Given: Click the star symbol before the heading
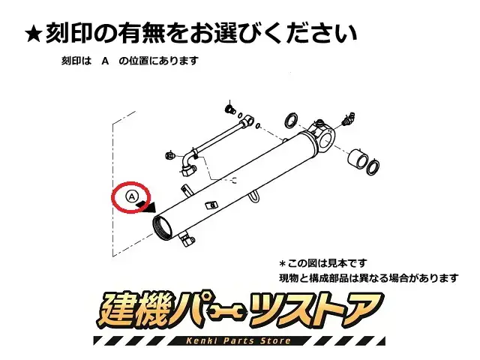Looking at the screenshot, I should [x=34, y=34].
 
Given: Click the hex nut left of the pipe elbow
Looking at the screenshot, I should [x=169, y=155].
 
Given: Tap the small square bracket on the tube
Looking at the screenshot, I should [x=211, y=205].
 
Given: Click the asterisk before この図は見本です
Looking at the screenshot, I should [x=282, y=263].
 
